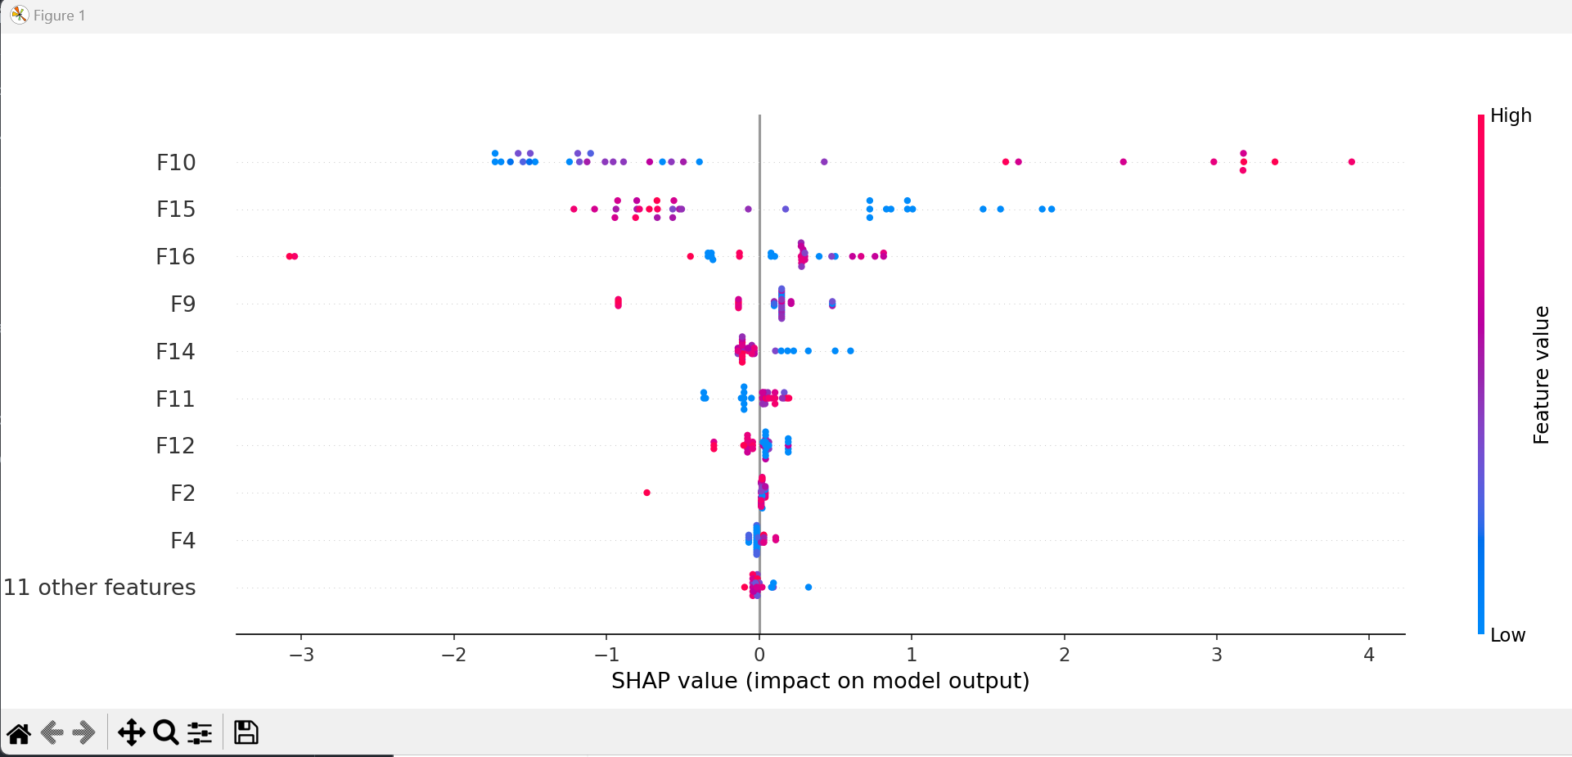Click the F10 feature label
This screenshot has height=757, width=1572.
176,162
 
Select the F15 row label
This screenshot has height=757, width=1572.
176,210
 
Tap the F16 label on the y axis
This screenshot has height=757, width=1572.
175,257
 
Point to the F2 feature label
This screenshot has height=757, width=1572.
182,493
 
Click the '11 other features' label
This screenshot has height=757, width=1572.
100,588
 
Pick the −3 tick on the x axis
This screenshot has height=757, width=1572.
301,655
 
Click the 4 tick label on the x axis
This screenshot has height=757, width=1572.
1369,655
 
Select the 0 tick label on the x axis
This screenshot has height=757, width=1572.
759,655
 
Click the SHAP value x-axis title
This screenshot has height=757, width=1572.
820,681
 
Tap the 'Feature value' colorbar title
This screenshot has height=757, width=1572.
1541,375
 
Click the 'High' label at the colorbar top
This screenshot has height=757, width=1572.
1511,115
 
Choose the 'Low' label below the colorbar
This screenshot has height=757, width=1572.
1507,635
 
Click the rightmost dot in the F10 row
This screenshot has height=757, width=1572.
1352,162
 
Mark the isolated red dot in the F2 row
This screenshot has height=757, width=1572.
647,493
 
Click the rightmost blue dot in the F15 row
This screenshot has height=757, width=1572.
1052,210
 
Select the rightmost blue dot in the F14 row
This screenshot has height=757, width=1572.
851,351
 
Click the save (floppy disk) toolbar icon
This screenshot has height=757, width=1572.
245,732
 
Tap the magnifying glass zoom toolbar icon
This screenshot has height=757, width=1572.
166,732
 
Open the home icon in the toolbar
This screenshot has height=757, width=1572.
19,732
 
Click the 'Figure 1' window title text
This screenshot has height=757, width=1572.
59,16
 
